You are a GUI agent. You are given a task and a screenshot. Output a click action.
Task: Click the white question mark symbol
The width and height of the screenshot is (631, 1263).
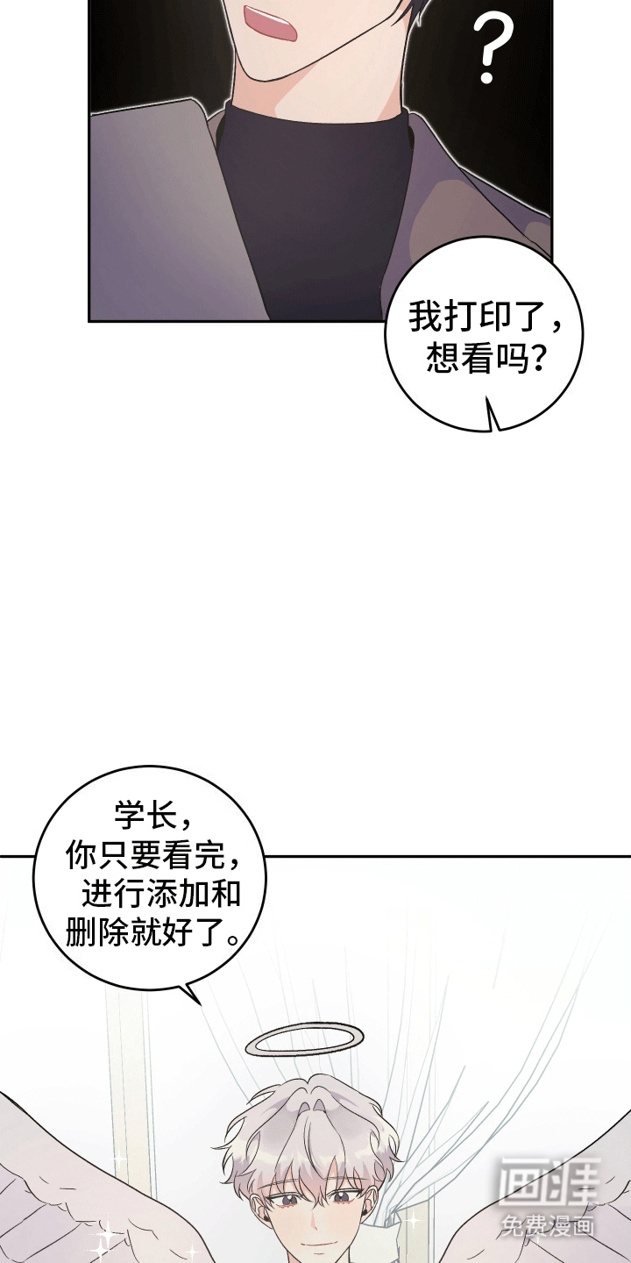tap(492, 48)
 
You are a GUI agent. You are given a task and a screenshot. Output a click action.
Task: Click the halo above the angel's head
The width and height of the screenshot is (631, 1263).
tap(305, 1039)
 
